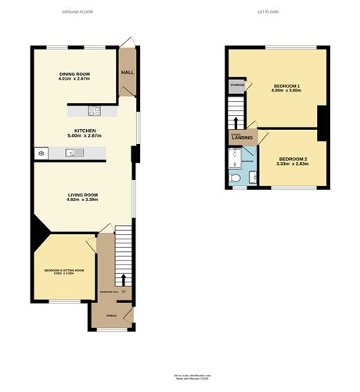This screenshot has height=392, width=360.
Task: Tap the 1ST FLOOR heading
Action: tap(268, 12)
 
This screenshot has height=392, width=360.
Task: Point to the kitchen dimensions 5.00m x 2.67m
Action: tap(85, 136)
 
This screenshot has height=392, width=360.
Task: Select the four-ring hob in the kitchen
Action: tap(95, 110)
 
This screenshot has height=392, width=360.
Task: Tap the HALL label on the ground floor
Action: tap(127, 72)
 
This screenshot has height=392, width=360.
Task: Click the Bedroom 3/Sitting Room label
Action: tap(63, 270)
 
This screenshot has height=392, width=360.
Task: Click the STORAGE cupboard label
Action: tap(237, 84)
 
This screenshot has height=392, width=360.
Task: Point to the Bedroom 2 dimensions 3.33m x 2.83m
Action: tap(293, 165)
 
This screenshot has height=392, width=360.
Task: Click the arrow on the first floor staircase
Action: tap(236, 122)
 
